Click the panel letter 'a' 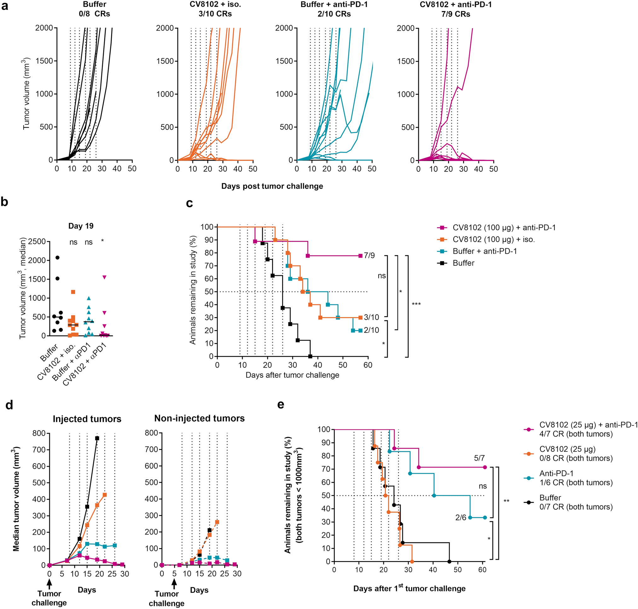[4, 6]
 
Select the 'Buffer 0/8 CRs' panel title [95, 9]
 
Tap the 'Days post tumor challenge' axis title [272, 186]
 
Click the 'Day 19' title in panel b [81, 226]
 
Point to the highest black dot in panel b [57, 257]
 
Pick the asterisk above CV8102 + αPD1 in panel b [102, 241]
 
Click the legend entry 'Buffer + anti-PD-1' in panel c [484, 251]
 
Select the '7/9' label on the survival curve [369, 256]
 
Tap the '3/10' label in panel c [371, 317]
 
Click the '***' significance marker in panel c [416, 304]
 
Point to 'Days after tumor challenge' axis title [292, 375]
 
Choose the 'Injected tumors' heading [87, 419]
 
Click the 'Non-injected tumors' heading [200, 418]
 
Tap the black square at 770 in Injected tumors [97, 438]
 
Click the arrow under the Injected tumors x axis [49, 584]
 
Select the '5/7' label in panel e [479, 458]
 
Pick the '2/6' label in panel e [461, 517]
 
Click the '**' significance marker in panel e [506, 501]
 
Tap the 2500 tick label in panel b [37, 241]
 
